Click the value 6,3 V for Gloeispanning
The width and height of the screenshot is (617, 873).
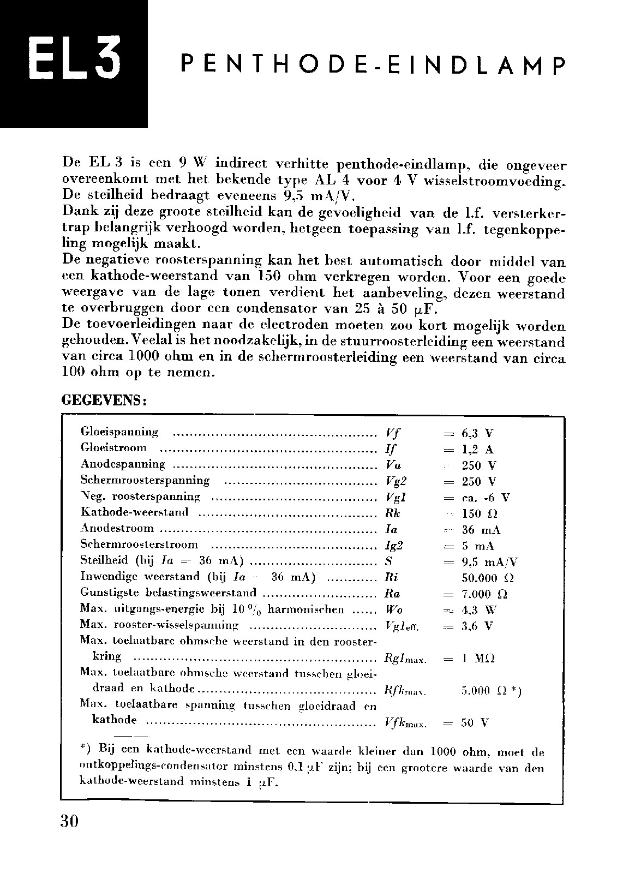[x=477, y=434]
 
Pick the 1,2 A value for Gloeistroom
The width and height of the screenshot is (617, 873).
[x=477, y=450]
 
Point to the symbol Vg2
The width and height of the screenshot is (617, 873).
[x=396, y=482]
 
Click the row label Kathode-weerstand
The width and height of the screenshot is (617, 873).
[x=134, y=512]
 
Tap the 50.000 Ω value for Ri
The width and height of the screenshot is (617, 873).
[x=487, y=578]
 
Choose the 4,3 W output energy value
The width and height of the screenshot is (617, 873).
[x=478, y=610]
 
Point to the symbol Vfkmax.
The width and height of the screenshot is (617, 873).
[x=405, y=723]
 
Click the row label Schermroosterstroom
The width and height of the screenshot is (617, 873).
[x=139, y=545]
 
